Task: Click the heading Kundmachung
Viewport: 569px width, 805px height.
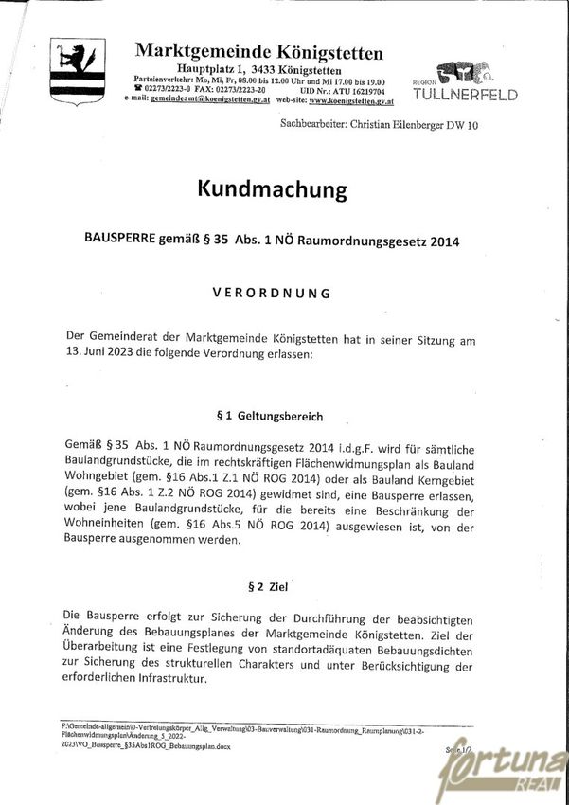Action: coord(272,190)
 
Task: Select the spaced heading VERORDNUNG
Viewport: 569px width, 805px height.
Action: coord(271,293)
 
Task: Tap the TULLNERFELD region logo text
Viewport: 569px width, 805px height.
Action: coord(465,96)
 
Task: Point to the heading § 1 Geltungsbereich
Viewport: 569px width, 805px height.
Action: coord(270,416)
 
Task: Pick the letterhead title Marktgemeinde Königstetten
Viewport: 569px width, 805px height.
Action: coord(258,52)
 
